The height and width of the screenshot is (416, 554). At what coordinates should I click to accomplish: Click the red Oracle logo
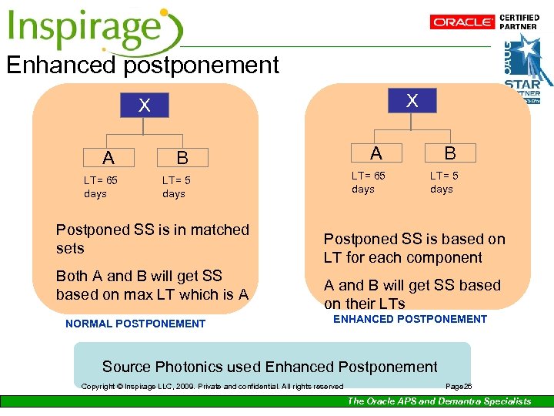click(x=463, y=22)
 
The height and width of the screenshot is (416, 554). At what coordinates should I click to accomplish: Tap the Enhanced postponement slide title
click(x=142, y=65)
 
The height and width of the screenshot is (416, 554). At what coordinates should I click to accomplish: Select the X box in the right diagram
click(x=412, y=100)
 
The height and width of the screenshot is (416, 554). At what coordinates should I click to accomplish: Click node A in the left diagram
click(x=108, y=158)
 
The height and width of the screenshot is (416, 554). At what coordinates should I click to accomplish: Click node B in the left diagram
click(x=182, y=158)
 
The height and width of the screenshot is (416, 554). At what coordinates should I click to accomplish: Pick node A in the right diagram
click(x=375, y=153)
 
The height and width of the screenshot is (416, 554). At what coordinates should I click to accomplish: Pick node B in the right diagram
click(x=449, y=153)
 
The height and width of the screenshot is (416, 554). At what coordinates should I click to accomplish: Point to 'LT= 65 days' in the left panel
click(x=101, y=187)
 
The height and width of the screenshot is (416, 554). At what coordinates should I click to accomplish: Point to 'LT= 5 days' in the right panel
click(x=444, y=182)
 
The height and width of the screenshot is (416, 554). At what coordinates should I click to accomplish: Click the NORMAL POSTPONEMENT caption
click(x=135, y=324)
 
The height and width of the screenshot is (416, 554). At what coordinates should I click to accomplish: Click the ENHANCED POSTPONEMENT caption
click(x=409, y=319)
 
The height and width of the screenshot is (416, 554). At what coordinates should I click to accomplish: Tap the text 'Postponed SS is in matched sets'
click(x=152, y=239)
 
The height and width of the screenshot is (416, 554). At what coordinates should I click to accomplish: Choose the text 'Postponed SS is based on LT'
click(x=414, y=248)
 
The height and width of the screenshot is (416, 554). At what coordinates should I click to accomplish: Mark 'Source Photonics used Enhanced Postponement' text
click(x=269, y=367)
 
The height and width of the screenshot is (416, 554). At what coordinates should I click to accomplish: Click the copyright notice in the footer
click(x=212, y=386)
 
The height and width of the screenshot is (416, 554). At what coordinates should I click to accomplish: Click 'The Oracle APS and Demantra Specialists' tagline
click(x=439, y=401)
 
